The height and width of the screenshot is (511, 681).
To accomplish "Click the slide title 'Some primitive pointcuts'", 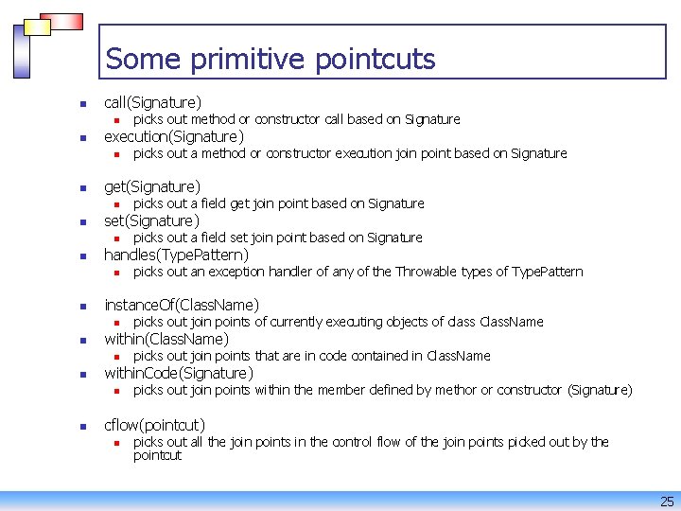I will [271, 59].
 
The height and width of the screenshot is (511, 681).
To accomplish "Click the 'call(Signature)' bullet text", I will [152, 101].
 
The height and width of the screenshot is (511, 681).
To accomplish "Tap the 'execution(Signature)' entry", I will [173, 136].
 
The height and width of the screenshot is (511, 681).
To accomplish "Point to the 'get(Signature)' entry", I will [151, 186].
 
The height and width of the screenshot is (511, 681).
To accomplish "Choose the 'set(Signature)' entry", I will [151, 220].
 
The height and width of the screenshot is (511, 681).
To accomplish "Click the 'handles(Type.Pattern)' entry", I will [176, 255].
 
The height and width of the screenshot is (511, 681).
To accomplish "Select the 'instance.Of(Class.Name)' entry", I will [181, 305].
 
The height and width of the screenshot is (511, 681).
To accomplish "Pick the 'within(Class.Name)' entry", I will [166, 339].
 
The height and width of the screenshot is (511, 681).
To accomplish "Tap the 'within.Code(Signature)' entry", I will [178, 373].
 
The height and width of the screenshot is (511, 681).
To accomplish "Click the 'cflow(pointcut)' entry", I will [154, 425].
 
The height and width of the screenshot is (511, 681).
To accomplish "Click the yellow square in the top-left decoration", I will [37, 26].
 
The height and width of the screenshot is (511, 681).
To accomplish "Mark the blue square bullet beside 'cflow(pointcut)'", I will [82, 426].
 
